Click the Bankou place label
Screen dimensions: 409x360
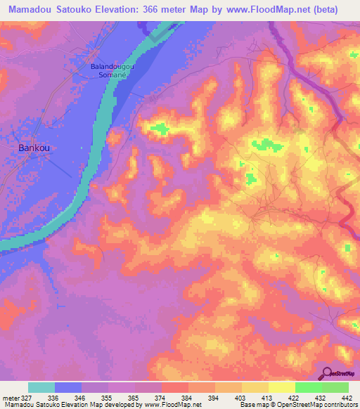click(x=33, y=148)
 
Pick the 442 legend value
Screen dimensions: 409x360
click(x=348, y=397)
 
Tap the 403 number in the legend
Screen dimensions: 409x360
click(x=241, y=397)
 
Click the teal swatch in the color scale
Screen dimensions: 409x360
click(x=41, y=387)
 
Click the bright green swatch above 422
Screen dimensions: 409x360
click(x=309, y=387)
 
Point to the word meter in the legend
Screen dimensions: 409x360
click(x=11, y=397)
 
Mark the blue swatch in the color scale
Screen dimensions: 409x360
click(x=68, y=387)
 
